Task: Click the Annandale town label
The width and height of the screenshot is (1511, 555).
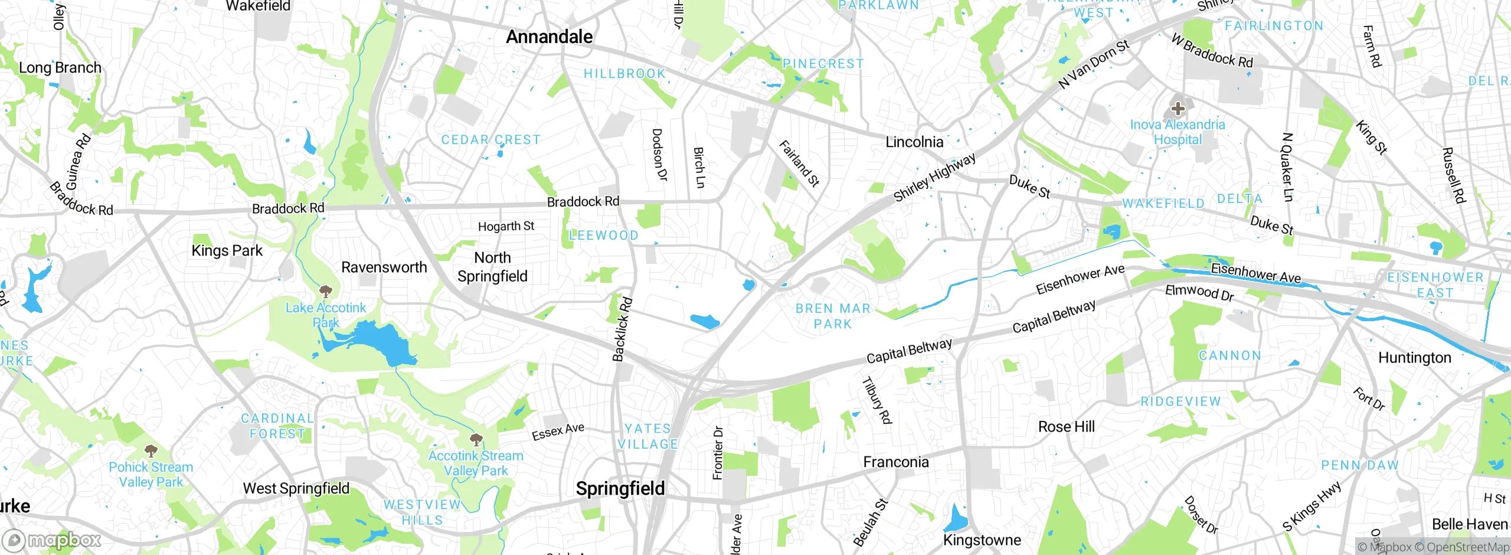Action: click(549, 37)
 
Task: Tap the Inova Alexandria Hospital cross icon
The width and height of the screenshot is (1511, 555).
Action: click(1178, 109)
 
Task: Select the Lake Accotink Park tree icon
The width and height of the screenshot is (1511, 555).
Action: click(325, 291)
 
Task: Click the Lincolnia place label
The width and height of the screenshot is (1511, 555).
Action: click(914, 142)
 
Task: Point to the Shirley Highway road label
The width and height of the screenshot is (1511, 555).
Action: click(934, 177)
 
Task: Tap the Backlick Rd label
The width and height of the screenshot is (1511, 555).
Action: click(622, 329)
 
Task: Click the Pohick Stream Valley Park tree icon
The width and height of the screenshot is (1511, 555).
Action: click(151, 451)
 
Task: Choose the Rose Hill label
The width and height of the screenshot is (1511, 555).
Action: click(1066, 426)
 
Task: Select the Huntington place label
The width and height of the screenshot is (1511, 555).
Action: click(1414, 358)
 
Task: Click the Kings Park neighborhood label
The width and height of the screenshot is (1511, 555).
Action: click(227, 250)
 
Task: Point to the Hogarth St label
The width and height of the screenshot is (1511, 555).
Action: click(506, 226)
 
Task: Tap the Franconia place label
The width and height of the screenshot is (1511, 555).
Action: click(895, 462)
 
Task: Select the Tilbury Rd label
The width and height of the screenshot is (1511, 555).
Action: click(876, 400)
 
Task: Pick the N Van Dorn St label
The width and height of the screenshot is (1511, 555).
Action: click(1093, 64)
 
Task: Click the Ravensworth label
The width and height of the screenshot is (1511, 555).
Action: click(384, 267)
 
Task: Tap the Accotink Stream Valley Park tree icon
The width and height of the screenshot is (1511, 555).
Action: click(476, 439)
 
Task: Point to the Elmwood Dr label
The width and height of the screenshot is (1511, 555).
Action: click(1199, 292)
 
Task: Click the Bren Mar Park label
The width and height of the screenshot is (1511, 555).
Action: click(833, 316)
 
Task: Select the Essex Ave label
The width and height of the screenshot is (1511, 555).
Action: click(558, 432)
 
